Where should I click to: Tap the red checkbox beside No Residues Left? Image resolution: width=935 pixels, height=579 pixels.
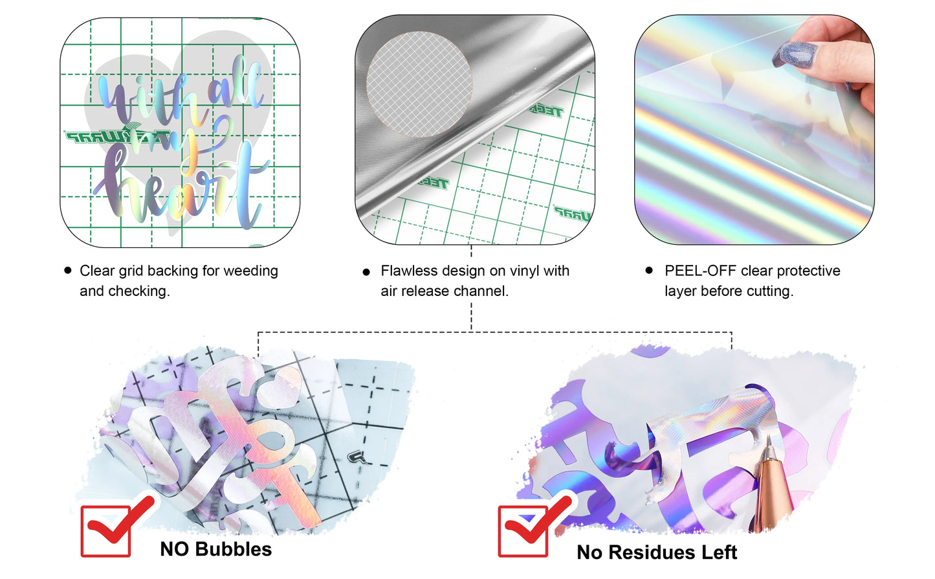(523, 531)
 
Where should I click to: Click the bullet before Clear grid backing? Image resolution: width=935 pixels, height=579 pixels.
(68, 270)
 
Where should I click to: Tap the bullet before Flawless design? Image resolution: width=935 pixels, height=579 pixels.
(367, 272)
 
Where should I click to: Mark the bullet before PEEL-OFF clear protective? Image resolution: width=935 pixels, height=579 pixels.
(649, 270)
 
